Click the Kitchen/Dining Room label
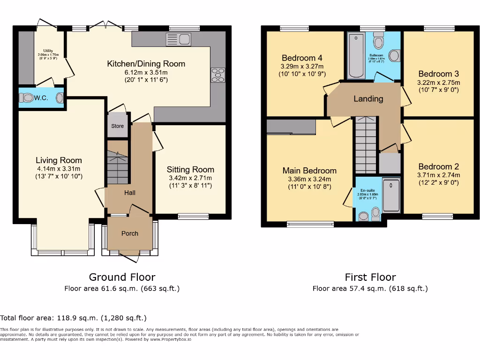coord(146,64)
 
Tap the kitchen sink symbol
coord(178,39)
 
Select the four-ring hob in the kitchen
coord(218,75)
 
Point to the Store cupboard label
coord(118,126)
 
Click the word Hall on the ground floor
coord(130,193)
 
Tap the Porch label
coord(130,233)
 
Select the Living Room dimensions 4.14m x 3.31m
coord(59,169)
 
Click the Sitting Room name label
coord(190,170)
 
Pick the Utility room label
coord(48,50)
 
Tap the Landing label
coord(368,99)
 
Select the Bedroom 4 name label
coord(301,58)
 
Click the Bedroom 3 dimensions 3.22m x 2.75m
coord(439,82)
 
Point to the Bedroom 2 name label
coord(438,166)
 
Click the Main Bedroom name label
coord(309,171)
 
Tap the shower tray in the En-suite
coord(391,195)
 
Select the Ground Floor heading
coord(122,277)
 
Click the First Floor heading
coord(370,277)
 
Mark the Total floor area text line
coord(74,318)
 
